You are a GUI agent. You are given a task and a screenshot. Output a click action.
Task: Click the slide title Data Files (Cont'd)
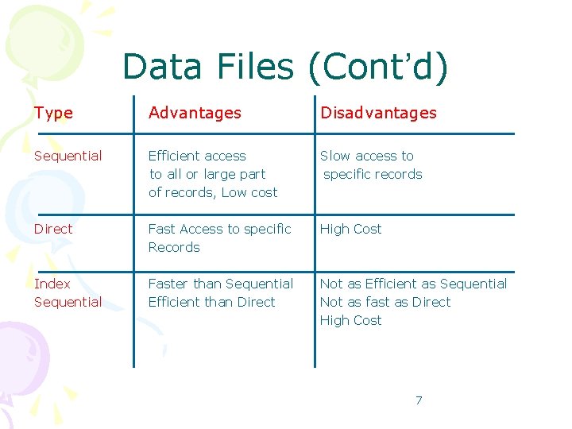pos(285,68)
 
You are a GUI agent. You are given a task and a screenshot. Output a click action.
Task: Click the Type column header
pos(53,113)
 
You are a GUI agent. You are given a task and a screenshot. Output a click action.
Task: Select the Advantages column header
pos(195,113)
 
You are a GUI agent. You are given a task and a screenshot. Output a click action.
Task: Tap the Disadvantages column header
pos(378,113)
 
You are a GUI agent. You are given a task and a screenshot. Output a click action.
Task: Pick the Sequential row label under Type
pos(68,156)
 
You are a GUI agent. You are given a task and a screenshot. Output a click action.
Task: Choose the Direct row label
pos(52,229)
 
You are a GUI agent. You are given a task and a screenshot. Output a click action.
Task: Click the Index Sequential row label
pos(68,292)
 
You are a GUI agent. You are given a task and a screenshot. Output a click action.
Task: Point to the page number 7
pos(419,400)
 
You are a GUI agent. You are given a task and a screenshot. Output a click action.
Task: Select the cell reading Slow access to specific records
pos(371,165)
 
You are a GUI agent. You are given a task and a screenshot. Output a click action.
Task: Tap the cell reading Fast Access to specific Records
pos(219,238)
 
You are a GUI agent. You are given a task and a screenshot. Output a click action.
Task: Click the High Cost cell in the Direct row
pos(350,229)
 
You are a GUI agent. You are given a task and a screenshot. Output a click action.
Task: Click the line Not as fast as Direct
pos(385,302)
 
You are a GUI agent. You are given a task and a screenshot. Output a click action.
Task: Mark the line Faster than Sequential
pos(220,284)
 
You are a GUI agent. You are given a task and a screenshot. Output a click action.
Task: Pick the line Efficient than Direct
pos(211,302)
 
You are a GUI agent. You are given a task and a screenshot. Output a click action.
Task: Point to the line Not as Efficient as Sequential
pos(413,284)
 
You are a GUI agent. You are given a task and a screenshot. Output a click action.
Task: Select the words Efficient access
pos(197,156)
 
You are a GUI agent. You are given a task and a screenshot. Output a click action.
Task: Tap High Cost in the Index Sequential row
pos(350,320)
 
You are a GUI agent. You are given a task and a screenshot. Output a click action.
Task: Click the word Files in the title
pos(257,68)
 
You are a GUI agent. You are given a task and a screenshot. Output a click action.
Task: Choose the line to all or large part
pos(207,174)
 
